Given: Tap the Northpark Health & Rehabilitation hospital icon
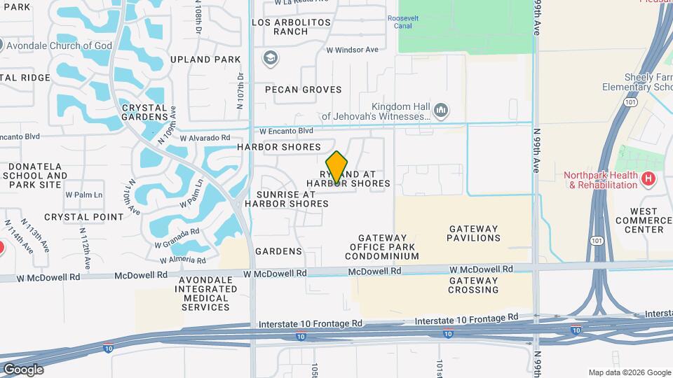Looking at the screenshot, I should point(648,179).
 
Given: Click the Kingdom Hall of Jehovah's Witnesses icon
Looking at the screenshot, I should point(441,111).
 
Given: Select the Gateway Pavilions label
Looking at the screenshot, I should point(475,233).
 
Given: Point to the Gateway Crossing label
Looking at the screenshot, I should point(474,285).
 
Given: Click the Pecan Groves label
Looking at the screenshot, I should point(304,90).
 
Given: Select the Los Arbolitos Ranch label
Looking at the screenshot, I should point(291,27).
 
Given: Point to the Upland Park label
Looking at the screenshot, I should point(200,59).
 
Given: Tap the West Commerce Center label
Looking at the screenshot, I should point(644,220).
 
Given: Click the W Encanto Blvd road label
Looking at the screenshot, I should point(286,131).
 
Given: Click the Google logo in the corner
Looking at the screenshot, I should point(23,370).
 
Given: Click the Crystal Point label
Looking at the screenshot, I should point(83,217).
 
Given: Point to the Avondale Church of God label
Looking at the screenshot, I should point(56,45).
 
